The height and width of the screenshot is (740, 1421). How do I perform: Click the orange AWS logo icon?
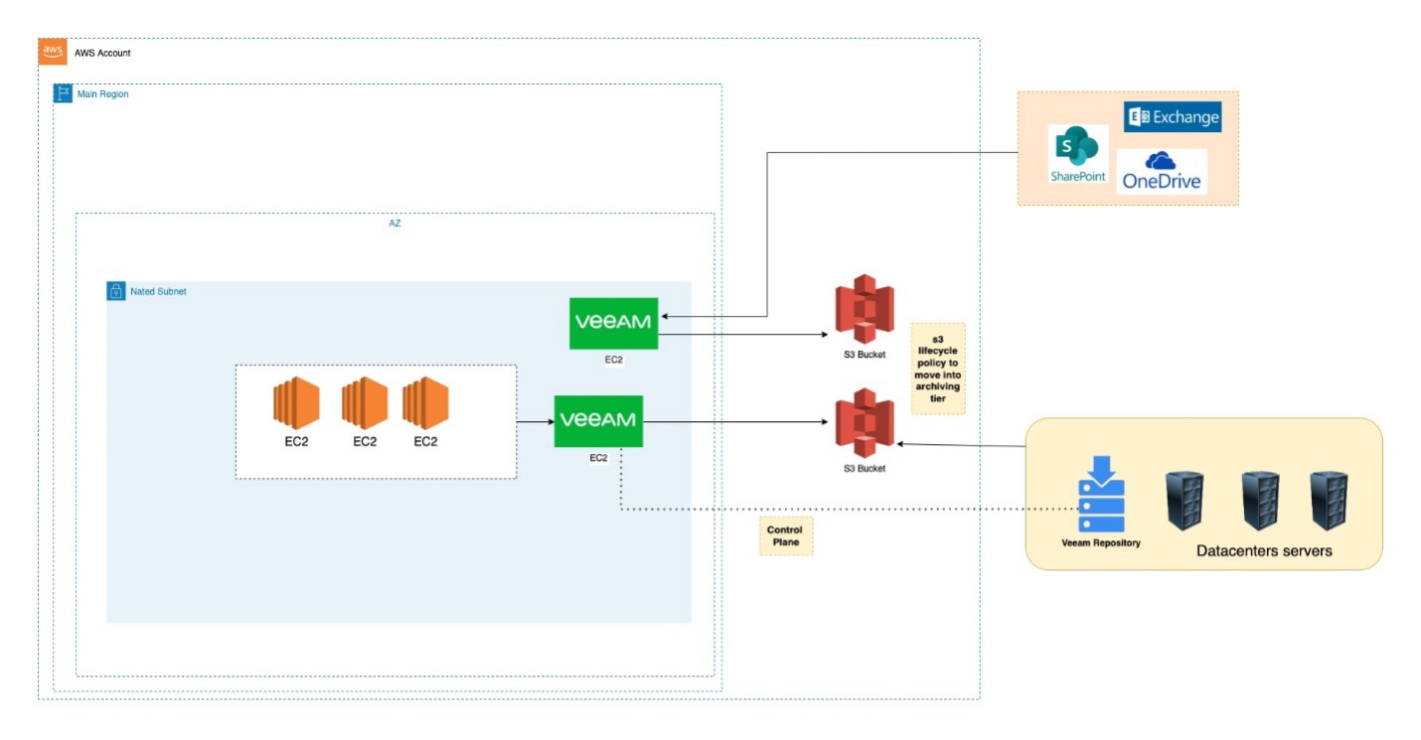53,52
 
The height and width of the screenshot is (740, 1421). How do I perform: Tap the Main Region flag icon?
63,93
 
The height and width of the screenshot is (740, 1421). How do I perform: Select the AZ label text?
395,223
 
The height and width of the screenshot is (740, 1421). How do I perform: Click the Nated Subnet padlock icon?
115,291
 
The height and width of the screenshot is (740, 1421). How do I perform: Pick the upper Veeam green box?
613,324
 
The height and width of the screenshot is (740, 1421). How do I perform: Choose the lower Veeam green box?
598,422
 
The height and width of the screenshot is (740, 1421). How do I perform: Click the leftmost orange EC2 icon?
296,403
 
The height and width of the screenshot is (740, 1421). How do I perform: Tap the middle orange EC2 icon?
364,403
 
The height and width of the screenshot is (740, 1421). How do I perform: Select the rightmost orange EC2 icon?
425,403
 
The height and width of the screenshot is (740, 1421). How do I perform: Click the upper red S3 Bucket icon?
865,309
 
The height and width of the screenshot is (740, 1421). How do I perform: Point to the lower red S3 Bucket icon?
865,423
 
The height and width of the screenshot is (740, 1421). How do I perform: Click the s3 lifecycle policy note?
938,369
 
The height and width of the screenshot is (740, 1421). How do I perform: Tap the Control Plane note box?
786,535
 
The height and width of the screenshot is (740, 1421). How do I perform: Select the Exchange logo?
1173,116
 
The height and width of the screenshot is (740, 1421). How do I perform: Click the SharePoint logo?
1078,154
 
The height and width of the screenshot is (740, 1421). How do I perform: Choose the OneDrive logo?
1162,171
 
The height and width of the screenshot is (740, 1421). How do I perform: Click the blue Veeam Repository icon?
1101,494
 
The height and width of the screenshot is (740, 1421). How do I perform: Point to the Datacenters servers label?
1264,550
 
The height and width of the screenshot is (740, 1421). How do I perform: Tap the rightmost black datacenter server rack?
1329,501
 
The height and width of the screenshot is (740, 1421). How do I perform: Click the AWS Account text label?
102,53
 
